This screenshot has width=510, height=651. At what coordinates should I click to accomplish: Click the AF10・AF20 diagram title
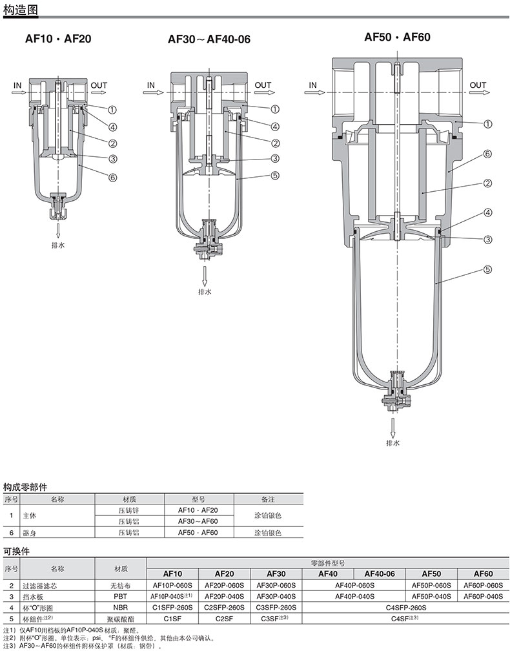tap(58, 39)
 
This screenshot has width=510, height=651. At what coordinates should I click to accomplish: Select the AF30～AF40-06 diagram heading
tap(209, 39)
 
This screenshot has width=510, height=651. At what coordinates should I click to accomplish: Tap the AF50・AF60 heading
tap(398, 37)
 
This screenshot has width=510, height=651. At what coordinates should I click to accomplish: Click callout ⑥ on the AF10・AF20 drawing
tap(112, 178)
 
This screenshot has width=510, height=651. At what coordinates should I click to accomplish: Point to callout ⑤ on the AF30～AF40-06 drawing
tap(275, 175)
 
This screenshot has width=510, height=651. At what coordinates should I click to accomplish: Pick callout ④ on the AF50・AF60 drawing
tap(488, 212)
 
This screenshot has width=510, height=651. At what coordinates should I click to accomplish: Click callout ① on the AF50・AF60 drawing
tap(488, 124)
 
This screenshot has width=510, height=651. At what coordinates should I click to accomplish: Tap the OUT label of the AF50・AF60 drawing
tap(478, 85)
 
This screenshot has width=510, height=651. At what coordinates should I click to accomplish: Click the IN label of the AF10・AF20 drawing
tap(17, 85)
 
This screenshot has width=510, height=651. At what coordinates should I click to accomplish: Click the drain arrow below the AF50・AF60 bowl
tap(393, 426)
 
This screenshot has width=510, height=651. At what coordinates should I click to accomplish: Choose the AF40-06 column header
tap(380, 573)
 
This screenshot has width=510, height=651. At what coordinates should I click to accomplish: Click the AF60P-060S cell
tap(483, 585)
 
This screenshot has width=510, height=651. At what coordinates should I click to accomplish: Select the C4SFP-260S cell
tap(406, 607)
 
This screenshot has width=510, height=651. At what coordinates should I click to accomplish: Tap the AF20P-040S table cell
tap(225, 596)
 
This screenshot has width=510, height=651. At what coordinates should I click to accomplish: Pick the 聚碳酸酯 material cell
tap(121, 619)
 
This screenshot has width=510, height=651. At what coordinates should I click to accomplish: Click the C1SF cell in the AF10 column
tap(172, 619)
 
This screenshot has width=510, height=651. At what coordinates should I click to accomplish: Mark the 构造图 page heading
tap(20, 9)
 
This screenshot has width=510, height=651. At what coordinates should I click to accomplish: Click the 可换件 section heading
tap(16, 552)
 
